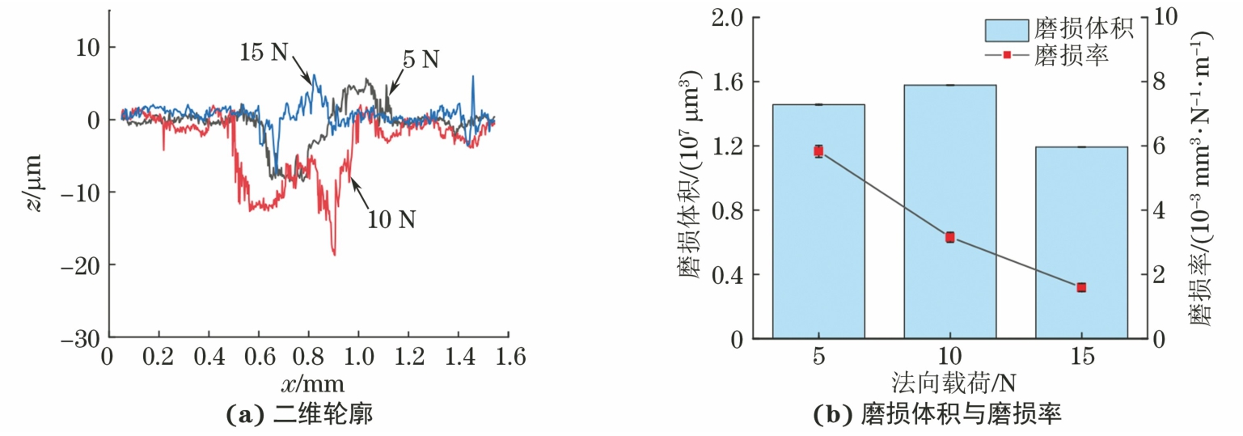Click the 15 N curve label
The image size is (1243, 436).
[x=264, y=53]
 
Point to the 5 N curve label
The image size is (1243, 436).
[x=419, y=59]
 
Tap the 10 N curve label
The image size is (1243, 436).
[x=391, y=219]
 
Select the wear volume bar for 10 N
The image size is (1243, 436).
[x=949, y=211]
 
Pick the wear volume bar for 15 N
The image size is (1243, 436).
[x=1081, y=242]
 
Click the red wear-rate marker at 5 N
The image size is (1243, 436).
[x=818, y=151]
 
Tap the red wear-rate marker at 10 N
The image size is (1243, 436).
[x=949, y=237]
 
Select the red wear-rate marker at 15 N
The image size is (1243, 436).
[x=1081, y=287]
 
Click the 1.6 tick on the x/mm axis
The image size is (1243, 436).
[x=508, y=357]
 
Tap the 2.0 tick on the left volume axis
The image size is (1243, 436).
[x=729, y=17]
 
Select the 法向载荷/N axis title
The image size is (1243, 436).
[x=949, y=380]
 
